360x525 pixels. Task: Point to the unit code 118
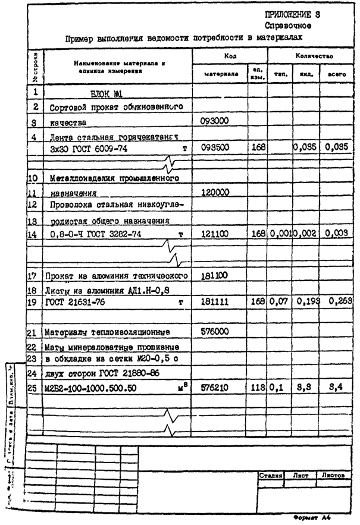click(x=257, y=389)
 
